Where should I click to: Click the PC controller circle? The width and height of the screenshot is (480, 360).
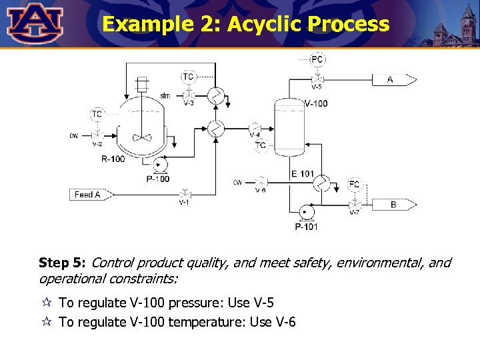318,59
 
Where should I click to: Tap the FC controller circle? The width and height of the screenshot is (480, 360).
355,184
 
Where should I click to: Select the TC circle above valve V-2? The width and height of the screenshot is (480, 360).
97,114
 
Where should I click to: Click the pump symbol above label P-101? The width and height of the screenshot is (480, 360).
307,212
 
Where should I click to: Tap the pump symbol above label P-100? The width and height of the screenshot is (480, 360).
159,165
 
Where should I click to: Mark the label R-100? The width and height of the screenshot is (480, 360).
113,159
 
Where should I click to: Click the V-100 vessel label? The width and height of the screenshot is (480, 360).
315,103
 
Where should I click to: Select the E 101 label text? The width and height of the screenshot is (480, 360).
303,174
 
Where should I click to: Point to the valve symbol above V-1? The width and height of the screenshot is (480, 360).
184,194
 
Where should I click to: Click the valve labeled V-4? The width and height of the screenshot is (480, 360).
255,127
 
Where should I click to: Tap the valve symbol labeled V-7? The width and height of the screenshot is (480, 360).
355,204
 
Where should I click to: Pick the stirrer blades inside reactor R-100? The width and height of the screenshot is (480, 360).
142,137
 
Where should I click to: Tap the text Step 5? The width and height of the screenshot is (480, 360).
62,263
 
